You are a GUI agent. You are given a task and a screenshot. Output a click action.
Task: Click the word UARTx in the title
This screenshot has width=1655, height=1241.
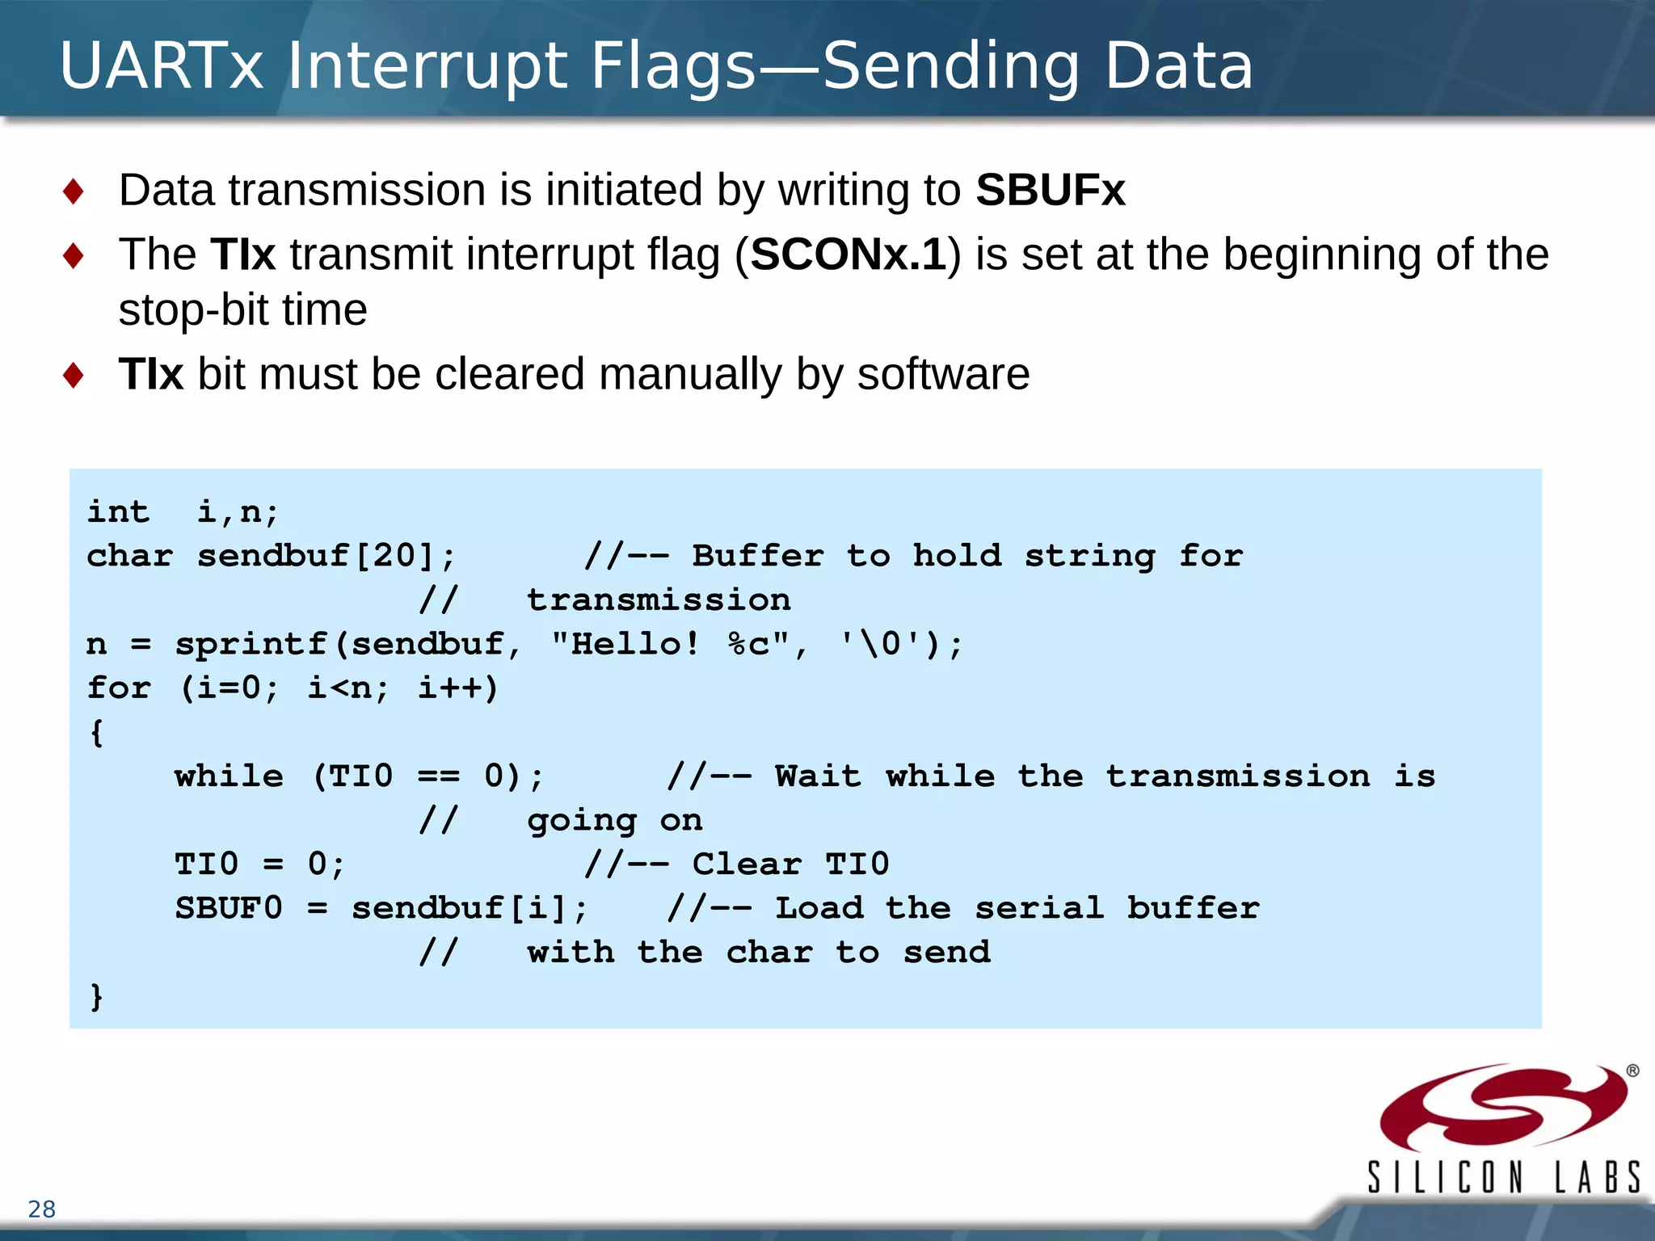[x=162, y=66]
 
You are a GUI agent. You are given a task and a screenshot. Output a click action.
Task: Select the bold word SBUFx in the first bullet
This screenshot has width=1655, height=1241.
[x=1050, y=191]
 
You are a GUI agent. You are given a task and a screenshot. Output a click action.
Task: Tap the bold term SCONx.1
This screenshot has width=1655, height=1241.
[x=848, y=255]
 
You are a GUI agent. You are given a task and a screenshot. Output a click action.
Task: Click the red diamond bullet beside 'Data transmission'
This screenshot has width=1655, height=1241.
[x=74, y=192]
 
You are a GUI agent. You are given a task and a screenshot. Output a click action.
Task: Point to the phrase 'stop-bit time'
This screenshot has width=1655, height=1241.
[x=242, y=310]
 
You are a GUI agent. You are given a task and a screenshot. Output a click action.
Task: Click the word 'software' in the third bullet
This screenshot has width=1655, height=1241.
[x=943, y=375]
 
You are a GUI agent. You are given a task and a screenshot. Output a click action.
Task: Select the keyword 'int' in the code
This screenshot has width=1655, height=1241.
[x=118, y=512]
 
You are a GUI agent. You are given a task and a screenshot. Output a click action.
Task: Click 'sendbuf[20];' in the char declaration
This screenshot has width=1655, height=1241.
[x=326, y=556]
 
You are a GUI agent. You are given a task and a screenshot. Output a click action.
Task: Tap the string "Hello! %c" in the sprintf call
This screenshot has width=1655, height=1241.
[x=670, y=645]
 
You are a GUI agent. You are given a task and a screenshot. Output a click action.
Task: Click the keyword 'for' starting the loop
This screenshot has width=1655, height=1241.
[x=119, y=688]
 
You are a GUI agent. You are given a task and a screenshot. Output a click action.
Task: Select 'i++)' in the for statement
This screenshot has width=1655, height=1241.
[x=457, y=688]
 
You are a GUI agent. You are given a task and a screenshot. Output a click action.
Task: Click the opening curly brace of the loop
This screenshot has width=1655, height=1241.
[x=97, y=733]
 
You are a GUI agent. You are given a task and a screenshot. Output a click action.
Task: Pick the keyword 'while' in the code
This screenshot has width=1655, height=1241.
[x=229, y=776]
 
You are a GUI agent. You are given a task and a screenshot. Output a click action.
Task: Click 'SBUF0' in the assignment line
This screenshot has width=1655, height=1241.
[x=229, y=909]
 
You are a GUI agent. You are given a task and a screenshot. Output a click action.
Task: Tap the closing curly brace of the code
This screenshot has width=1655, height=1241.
[x=97, y=996]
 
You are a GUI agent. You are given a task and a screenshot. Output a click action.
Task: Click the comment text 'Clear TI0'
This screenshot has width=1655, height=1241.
[x=790, y=864]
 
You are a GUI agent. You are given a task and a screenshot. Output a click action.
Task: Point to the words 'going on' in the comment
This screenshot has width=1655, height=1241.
[x=614, y=821]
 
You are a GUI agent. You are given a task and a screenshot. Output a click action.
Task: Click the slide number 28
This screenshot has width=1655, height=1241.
[x=42, y=1209]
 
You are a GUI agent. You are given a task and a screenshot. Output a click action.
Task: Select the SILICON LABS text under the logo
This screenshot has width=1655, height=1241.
[x=1503, y=1177]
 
